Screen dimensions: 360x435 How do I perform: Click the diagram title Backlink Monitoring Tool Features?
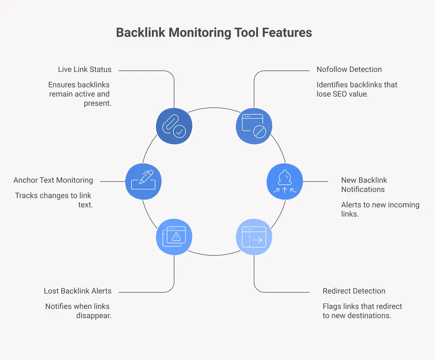[214, 33]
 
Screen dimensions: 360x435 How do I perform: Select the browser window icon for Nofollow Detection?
[254, 126]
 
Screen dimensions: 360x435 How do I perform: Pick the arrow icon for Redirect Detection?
[254, 237]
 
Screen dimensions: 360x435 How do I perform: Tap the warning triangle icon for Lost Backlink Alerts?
[174, 237]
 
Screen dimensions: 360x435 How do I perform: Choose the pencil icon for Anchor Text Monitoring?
[143, 181]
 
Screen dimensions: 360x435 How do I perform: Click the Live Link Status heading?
[84, 69]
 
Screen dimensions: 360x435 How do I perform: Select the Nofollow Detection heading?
[349, 69]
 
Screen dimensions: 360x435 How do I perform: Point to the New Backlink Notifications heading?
[364, 185]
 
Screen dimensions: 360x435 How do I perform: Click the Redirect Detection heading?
[354, 291]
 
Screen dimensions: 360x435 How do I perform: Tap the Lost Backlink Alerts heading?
[78, 291]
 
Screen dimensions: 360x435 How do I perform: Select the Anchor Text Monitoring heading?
[53, 180]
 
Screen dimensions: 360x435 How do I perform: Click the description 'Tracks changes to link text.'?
[54, 200]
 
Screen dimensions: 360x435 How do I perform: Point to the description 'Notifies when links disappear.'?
[78, 311]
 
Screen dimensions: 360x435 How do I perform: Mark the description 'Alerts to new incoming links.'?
[380, 209]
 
